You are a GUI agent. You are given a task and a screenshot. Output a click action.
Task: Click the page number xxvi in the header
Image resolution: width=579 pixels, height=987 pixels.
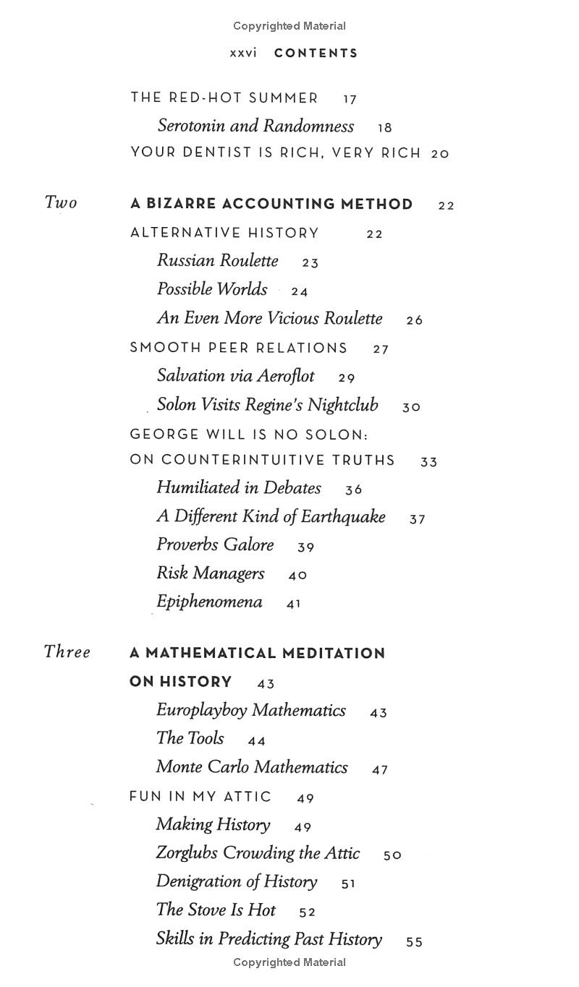243,54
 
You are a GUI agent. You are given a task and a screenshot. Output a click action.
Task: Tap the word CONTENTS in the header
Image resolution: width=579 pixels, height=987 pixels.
316,54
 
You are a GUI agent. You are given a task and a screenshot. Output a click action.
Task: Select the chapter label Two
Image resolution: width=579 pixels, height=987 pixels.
61,202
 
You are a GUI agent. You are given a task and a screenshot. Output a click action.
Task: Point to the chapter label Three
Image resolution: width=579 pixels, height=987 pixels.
67,651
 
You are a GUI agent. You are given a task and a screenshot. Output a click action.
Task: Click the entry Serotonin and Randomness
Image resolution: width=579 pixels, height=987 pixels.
255,126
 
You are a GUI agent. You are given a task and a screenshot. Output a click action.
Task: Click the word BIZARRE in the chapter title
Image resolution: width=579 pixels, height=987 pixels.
182,205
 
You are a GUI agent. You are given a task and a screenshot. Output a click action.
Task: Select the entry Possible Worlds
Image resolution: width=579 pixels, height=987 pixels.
212,289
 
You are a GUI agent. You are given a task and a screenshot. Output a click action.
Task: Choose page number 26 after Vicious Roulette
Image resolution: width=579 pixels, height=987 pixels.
415,320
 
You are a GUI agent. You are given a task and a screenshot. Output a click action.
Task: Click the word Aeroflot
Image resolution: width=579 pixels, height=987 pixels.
286,376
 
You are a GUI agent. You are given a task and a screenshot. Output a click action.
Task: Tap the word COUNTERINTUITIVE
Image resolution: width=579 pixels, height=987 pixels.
278,461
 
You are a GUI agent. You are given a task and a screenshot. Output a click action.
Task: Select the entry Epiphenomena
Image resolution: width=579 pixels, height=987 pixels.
209,602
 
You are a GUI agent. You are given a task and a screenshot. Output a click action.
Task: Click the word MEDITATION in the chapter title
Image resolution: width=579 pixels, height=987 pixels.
334,654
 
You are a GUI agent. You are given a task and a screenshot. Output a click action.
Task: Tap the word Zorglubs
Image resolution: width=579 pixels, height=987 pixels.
187,853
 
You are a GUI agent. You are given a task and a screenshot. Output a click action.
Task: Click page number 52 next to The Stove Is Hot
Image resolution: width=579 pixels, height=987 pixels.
308,913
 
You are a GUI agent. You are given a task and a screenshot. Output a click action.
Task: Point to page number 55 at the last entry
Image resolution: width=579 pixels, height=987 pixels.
415,942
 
